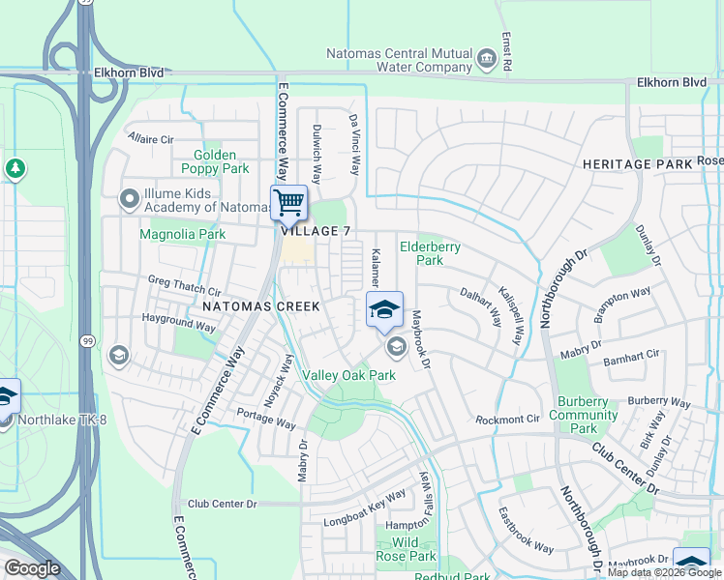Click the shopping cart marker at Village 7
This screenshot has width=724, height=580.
pyautogui.click(x=288, y=203)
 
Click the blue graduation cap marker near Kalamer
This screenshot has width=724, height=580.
pyautogui.click(x=384, y=309)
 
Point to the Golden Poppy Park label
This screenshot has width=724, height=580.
pyautogui.click(x=215, y=161)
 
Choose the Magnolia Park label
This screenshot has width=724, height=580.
pyautogui.click(x=182, y=234)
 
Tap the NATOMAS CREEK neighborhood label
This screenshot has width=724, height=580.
pyautogui.click(x=260, y=306)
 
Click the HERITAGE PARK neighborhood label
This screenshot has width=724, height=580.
pyautogui.click(x=638, y=164)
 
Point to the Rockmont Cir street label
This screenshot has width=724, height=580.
pyautogui.click(x=506, y=420)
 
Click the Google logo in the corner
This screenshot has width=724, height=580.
pyautogui.click(x=32, y=569)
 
